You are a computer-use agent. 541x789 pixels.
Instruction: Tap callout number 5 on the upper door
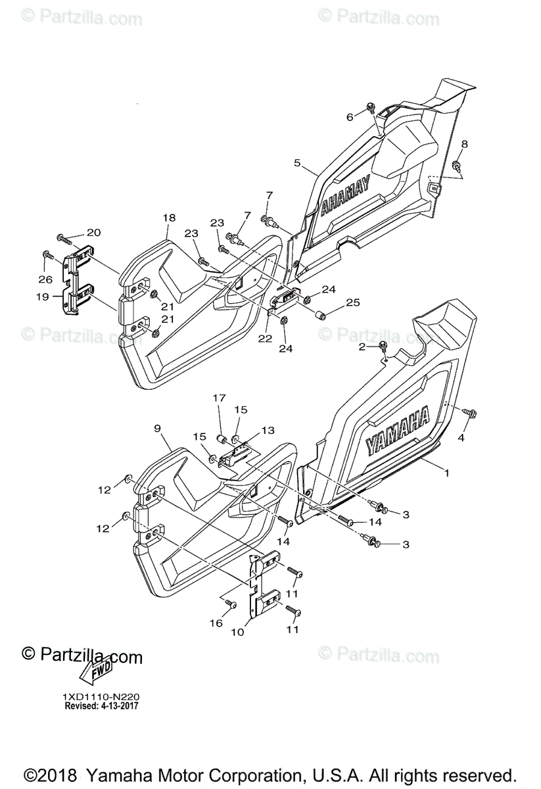(297, 162)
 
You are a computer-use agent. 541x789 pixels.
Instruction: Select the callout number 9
(157, 428)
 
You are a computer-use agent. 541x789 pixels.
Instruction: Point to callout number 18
(169, 217)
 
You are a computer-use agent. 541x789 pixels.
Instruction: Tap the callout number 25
(353, 303)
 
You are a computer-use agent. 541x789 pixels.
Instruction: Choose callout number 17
(219, 398)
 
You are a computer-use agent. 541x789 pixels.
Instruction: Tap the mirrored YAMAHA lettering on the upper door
(344, 197)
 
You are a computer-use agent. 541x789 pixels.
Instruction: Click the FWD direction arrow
(95, 673)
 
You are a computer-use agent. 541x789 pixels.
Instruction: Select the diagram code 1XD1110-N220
(101, 696)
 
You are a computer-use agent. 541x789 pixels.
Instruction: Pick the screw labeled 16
(231, 603)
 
